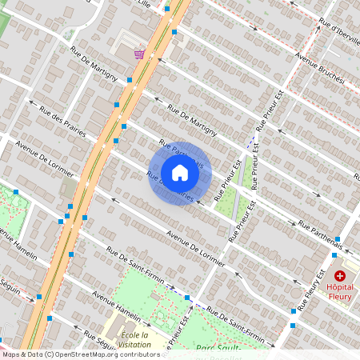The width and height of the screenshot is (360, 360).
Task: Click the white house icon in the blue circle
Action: (180, 173)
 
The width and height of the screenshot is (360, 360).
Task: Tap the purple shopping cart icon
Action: (140, 54)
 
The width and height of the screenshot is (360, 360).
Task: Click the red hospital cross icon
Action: (339, 274)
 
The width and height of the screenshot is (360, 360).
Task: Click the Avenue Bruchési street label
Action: (319, 67)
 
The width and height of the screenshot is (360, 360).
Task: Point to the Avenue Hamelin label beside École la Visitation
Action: (115, 306)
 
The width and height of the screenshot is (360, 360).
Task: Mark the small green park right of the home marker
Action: (231, 203)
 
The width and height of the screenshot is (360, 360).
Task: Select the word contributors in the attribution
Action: (138, 354)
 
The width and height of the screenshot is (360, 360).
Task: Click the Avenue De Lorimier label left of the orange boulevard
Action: (38, 160)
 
